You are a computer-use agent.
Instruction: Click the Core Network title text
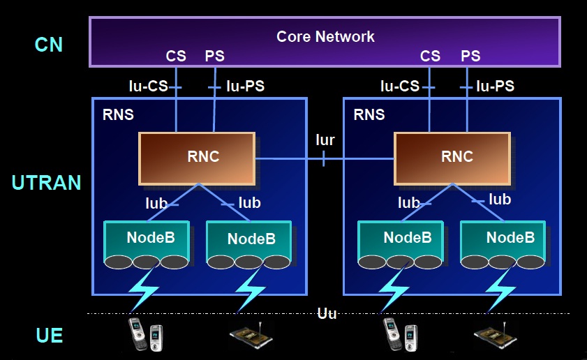325,36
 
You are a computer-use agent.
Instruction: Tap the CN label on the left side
49,45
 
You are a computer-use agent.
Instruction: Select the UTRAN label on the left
46,183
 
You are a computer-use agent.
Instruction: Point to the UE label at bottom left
50,336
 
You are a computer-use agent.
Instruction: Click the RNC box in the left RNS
197,158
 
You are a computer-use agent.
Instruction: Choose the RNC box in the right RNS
451,158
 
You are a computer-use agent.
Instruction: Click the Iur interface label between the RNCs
325,140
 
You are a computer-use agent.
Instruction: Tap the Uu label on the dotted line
327,313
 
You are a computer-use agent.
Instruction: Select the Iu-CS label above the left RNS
148,87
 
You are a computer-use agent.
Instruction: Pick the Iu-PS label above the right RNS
495,87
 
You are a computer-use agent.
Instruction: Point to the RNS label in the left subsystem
118,114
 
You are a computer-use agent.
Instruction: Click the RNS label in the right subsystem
369,114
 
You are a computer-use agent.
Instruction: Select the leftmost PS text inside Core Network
215,57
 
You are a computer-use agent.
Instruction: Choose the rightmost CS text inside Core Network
431,57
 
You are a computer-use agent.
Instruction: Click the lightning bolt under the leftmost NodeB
144,290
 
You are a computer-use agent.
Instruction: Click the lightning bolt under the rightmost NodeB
503,290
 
